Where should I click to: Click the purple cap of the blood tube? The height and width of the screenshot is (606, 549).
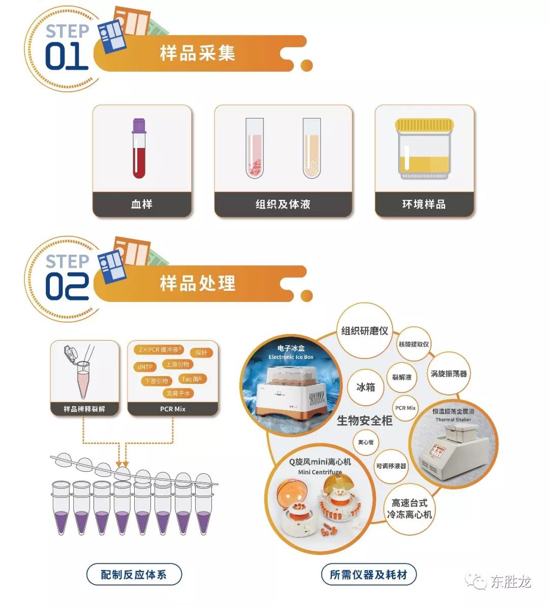click(x=139, y=126)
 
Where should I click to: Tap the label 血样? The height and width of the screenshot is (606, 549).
click(x=142, y=204)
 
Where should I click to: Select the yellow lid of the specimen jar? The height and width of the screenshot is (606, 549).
click(x=424, y=125)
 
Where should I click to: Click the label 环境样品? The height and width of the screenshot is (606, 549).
click(x=424, y=204)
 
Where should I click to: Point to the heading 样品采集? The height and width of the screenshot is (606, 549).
click(x=198, y=53)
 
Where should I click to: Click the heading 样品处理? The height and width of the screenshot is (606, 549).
click(x=198, y=283)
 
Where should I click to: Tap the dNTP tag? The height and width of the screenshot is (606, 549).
click(x=145, y=367)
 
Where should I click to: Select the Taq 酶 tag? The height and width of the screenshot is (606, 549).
click(x=192, y=379)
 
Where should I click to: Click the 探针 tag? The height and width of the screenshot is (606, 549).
click(x=201, y=352)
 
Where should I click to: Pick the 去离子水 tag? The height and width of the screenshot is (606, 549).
click(x=178, y=393)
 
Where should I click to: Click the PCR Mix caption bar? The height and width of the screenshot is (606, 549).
click(x=173, y=409)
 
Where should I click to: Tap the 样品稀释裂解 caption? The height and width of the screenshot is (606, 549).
click(x=84, y=409)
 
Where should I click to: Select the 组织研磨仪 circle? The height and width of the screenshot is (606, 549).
click(x=364, y=331)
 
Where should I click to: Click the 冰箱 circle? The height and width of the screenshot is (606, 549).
click(x=365, y=387)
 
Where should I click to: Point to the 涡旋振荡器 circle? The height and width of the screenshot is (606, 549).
click(x=448, y=374)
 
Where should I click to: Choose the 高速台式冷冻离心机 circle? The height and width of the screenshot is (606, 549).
click(x=409, y=509)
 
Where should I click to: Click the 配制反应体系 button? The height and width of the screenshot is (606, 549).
click(x=134, y=574)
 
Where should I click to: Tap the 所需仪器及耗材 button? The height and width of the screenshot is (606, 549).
click(x=369, y=574)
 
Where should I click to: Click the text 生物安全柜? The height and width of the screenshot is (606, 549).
click(x=364, y=420)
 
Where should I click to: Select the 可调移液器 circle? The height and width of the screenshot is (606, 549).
click(x=391, y=466)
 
